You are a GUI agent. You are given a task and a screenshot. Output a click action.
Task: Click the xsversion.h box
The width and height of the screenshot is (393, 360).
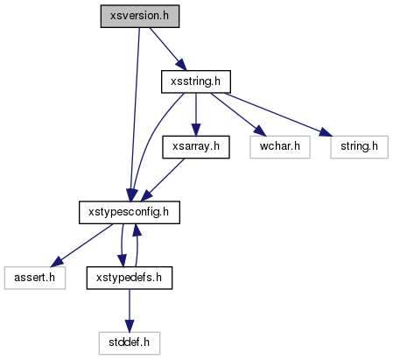coord(140,17)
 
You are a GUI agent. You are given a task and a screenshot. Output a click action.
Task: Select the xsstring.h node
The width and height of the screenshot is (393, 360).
coord(196,81)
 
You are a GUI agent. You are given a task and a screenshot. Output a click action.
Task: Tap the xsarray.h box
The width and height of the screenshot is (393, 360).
coord(196,147)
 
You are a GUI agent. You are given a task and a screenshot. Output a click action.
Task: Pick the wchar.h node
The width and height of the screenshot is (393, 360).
coord(280,147)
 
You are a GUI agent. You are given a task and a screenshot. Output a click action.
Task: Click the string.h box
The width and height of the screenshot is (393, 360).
coord(359,147)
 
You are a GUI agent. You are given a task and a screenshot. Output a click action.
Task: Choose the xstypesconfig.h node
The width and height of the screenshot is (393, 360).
coord(130,213)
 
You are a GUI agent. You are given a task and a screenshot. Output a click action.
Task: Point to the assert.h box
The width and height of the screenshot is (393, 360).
coord(35,278)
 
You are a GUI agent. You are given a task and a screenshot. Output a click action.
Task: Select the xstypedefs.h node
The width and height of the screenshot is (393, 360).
coord(130,278)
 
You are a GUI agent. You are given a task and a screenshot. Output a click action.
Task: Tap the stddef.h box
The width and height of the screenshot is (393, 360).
coord(130,343)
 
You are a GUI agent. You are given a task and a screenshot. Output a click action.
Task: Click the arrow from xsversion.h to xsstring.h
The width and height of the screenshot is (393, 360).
coord(168,49)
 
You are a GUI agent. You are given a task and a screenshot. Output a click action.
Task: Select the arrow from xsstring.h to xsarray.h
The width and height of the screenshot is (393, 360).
coord(196,115)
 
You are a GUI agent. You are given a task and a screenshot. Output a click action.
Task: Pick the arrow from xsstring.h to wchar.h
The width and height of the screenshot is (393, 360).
coord(239,115)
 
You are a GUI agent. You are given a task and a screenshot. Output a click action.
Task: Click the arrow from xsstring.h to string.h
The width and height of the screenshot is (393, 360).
coord(278,115)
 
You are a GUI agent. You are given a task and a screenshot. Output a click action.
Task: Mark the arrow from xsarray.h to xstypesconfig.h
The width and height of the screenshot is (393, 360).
coord(163,180)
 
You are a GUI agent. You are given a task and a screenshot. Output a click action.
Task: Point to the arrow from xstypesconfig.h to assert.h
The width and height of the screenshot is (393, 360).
coord(81,245)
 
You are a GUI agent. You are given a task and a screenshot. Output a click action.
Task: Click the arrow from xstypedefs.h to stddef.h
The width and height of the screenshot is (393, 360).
coord(130,311)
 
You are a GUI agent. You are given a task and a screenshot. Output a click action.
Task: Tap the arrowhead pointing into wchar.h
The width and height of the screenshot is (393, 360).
coord(259,131)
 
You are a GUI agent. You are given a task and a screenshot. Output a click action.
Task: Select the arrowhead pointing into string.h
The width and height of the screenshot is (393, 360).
coord(326,132)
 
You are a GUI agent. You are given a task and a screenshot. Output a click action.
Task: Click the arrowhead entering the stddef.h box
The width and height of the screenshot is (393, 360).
coord(130,326)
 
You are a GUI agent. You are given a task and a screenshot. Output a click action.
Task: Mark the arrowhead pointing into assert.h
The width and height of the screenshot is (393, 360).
coord(57,262)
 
